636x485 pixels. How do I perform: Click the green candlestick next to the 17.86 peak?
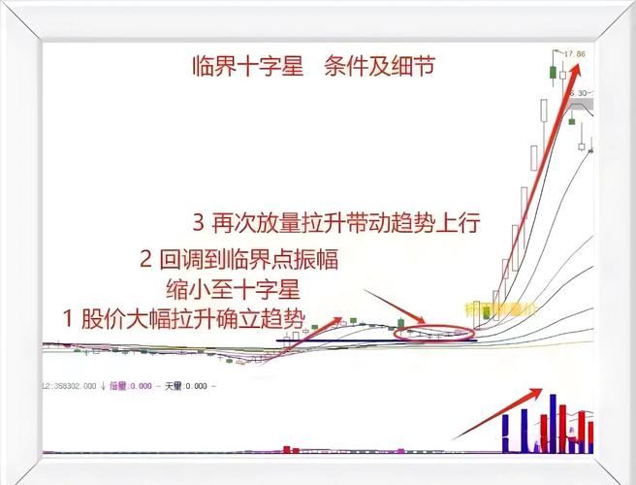553,72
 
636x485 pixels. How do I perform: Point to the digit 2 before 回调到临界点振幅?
146,260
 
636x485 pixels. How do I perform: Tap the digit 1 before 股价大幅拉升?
69,317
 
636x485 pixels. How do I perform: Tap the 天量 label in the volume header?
175,386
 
